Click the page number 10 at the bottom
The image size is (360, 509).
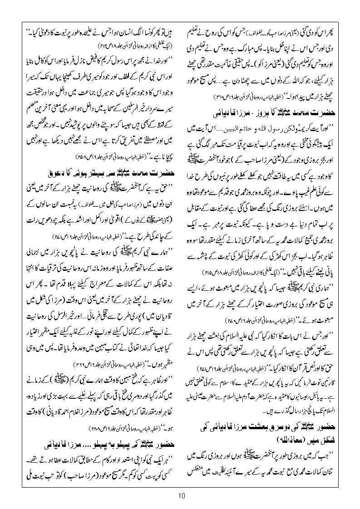coord(180,496)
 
